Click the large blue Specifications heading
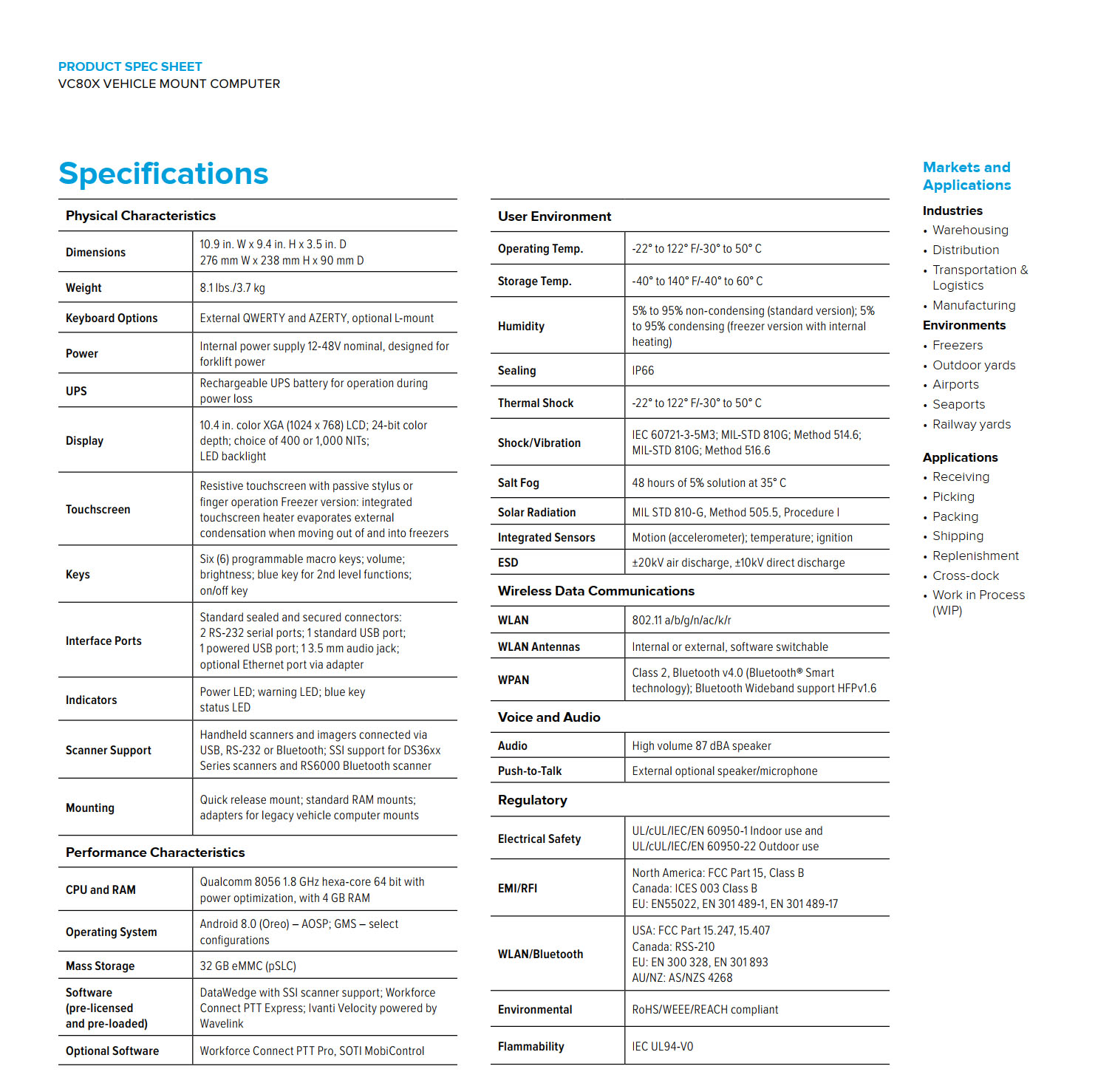[163, 174]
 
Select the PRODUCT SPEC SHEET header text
[130, 66]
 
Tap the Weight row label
[83, 288]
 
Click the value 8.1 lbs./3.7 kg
[232, 288]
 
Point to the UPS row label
[76, 391]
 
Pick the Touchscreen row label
[98, 510]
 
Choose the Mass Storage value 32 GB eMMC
[248, 966]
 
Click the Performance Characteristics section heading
[155, 853]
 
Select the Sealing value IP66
[643, 371]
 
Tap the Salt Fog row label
[518, 483]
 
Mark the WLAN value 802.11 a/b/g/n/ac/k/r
[681, 621]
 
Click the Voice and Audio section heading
[549, 717]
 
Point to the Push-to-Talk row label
[529, 771]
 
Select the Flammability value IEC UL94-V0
[662, 1047]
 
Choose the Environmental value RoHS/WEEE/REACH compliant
[705, 1010]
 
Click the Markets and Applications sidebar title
[966, 177]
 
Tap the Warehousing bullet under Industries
[969, 230]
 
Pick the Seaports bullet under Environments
[958, 405]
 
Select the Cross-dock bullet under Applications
[965, 576]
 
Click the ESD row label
[508, 563]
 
